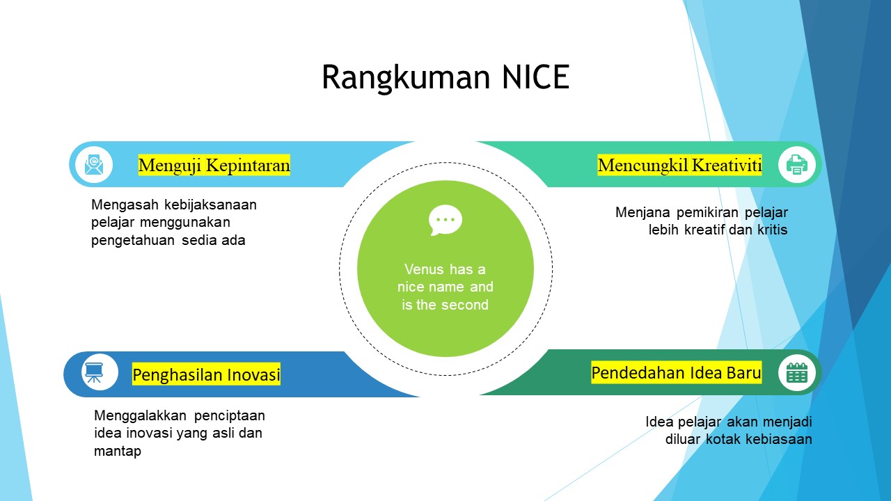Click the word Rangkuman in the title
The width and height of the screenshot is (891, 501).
pos(406,78)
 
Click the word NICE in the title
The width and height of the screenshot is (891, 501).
pos(536,77)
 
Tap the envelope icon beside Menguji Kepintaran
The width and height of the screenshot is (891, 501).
pos(94,165)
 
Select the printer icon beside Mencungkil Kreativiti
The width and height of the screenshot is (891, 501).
pos(797,165)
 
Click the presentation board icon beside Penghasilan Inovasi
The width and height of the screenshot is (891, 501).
pos(94,372)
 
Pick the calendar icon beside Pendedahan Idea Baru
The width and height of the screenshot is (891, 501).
pos(797,372)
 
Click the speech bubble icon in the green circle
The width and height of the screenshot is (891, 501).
pos(445,220)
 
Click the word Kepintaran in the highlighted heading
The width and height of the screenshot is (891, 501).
pos(248,165)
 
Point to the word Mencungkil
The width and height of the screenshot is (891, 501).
pos(642,165)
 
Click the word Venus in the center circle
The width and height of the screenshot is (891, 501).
pos(424,269)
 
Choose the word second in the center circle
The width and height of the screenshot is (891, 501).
pos(464,305)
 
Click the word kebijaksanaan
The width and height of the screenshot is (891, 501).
pos(210,205)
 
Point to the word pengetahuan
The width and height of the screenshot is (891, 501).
pos(133,241)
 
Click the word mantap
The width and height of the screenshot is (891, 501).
pos(118,452)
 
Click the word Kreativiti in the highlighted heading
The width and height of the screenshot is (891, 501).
pos(727,165)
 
